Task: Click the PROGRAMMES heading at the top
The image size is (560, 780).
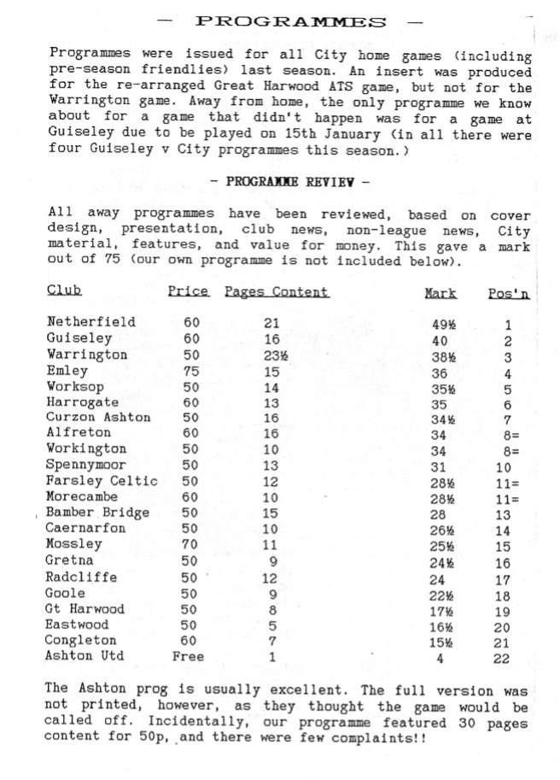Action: click(291, 21)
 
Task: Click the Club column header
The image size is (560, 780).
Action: click(64, 290)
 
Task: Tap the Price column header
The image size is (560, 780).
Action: click(188, 291)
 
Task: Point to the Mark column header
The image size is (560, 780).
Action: click(440, 293)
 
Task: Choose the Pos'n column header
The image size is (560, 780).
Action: click(509, 293)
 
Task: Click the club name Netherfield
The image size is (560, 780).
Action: click(91, 322)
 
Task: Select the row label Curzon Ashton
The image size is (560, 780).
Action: click(98, 417)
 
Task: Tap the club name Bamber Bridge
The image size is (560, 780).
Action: click(98, 512)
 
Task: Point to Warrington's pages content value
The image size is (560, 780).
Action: click(272, 355)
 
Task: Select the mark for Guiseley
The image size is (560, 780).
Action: click(439, 340)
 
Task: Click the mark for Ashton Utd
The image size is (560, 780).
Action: click(440, 658)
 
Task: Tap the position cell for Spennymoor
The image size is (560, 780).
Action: click(505, 467)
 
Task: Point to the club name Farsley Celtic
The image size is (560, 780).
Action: click(102, 480)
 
